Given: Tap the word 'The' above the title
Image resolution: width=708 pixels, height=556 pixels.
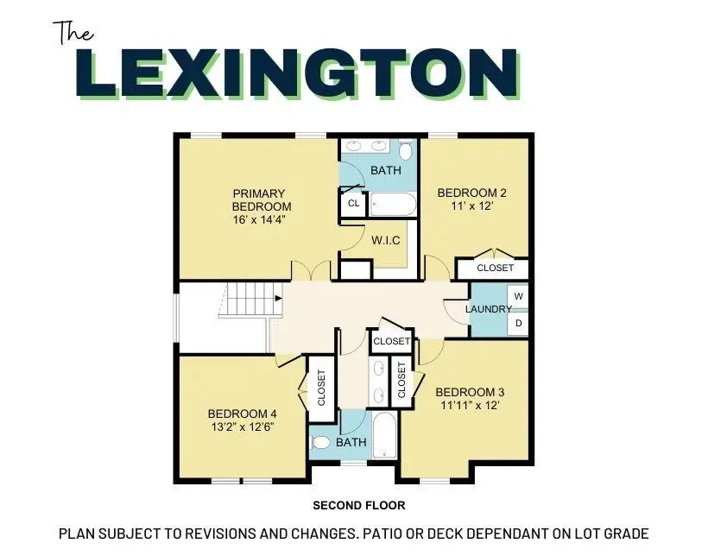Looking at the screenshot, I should coord(75,32).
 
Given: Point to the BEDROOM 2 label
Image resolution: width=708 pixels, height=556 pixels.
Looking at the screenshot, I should coord(471,193).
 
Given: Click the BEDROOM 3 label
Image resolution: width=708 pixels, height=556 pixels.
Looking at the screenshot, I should coord(471,392).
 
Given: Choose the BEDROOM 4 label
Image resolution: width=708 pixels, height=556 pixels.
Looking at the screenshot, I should coord(243,413).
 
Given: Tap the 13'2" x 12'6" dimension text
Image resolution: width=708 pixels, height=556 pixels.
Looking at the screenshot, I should coord(243,427).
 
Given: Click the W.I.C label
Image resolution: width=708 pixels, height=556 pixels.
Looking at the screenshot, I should coord(384,239).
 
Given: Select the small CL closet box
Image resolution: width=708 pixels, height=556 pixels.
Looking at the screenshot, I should coord(352,204).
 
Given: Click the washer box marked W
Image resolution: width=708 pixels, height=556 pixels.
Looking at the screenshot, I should coord(518,296).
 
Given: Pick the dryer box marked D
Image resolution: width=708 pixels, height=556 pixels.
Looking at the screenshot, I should coord(518,324).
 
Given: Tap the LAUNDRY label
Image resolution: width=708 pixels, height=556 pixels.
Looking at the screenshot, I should coord(488,309).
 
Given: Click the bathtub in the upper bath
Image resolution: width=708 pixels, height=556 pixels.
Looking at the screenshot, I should coord(394,205).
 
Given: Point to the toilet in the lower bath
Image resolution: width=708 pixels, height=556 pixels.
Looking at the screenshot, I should coord(321,443).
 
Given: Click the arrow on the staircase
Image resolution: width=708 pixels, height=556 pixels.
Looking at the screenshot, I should coord(277,299).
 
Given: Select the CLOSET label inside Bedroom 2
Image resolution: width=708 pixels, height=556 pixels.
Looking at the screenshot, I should coord(495,269).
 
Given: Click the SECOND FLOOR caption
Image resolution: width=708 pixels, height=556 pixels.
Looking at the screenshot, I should coord(358,505).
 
